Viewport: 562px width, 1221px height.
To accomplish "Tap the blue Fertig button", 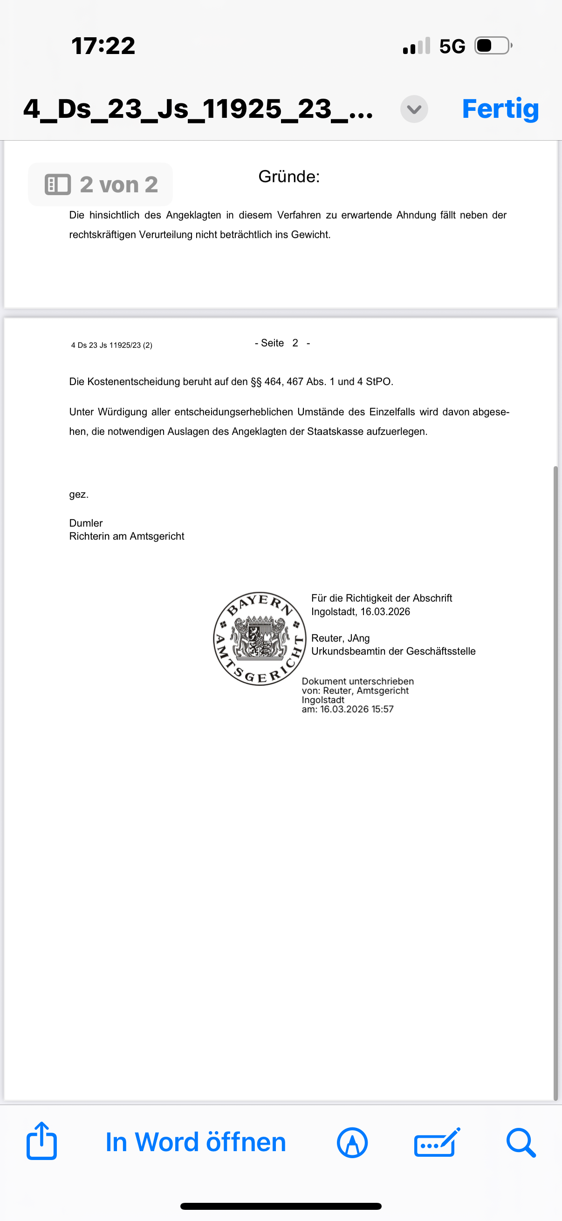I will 500,109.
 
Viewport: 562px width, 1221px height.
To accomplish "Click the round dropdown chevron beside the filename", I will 414,109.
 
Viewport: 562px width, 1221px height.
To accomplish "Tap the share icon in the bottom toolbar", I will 42,1141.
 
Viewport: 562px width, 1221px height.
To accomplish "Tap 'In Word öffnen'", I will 195,1142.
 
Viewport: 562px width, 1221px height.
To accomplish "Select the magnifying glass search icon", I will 521,1142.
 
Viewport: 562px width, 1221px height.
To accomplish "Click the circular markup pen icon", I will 352,1142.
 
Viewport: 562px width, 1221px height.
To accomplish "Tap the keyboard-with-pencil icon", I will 437,1142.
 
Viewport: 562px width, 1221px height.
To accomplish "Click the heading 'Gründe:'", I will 289,177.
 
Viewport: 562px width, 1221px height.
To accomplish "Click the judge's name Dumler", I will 86,523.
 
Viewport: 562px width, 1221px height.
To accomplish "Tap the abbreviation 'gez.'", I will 79,495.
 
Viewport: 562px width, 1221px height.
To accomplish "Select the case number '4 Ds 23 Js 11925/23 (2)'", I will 111,345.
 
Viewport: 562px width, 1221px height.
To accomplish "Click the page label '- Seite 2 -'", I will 282,343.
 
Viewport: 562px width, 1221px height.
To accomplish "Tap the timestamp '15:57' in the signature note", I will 382,709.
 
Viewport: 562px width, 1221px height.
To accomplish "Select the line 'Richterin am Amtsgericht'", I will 127,536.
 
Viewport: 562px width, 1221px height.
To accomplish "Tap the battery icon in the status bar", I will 493,46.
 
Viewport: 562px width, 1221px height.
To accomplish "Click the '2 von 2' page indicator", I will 101,184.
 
